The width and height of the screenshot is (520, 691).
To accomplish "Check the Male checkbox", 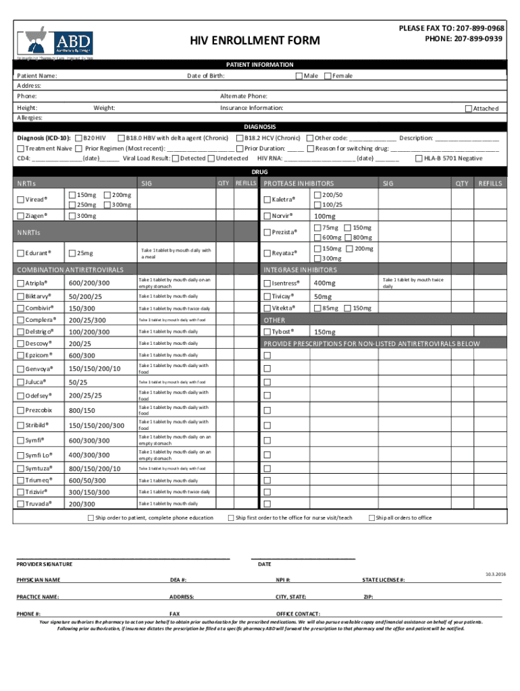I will (300, 76).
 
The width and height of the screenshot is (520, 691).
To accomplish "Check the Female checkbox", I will (328, 76).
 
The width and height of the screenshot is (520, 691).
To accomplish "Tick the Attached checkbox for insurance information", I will (468, 109).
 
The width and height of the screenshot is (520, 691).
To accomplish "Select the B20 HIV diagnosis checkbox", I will (79, 138).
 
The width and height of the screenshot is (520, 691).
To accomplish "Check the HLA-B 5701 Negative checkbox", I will (419, 159).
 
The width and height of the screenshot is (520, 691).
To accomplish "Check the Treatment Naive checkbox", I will (20, 148).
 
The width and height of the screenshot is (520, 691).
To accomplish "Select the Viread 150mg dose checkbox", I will (73, 195).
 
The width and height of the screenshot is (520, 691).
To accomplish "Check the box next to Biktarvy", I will (20, 296).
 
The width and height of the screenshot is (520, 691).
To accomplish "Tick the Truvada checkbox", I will (20, 503).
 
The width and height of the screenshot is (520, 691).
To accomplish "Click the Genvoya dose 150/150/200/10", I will (95, 368).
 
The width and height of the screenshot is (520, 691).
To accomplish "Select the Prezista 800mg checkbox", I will (348, 238).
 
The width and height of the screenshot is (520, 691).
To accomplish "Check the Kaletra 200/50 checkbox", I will (318, 195).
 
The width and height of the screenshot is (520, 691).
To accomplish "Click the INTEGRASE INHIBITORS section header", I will (301, 270).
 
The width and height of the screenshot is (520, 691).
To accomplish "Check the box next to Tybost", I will (267, 332).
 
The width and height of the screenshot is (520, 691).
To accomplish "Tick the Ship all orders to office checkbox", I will (371, 518).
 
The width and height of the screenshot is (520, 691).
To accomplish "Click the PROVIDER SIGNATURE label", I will (44, 563).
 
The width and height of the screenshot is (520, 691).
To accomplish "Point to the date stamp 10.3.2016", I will (494, 573).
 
